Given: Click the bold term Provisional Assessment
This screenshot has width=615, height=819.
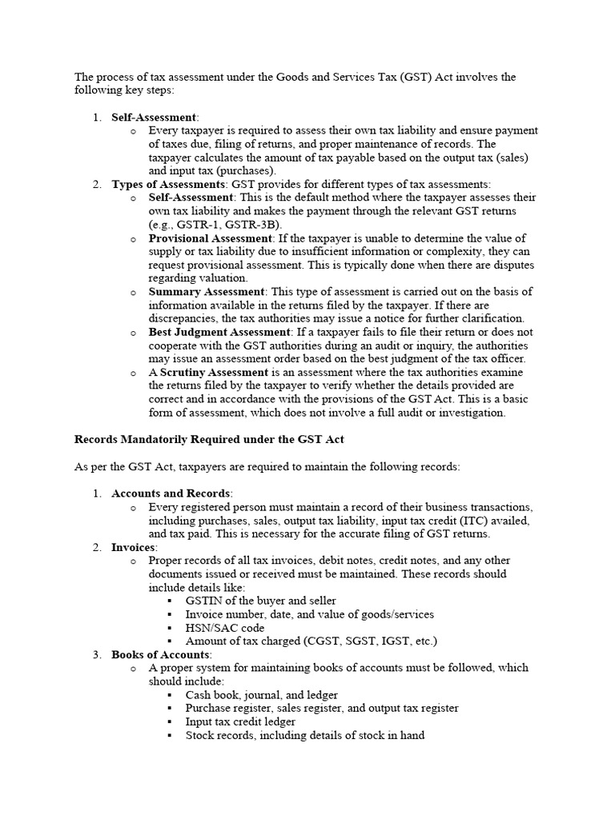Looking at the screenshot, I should coord(211,238).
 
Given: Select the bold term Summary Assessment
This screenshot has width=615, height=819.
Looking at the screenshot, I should coord(206,292).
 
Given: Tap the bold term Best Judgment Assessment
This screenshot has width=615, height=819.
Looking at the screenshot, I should coord(219,332).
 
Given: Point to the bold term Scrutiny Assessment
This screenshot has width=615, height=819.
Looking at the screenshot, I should coord(214,373).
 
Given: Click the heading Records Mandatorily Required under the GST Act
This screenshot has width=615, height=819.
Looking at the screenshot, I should coord(209,439).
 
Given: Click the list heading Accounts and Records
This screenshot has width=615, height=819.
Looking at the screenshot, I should coord(171,493).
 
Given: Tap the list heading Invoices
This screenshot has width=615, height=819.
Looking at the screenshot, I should coord(134,547).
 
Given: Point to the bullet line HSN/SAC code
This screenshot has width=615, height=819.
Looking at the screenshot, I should coord(224,628).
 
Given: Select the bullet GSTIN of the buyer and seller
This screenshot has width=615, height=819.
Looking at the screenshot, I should coord(260,601).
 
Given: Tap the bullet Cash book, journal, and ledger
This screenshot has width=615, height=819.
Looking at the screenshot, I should coord(261,695).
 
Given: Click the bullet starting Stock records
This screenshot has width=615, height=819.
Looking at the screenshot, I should coord(304,735).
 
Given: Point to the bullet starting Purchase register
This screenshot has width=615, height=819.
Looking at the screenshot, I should coord(322,708).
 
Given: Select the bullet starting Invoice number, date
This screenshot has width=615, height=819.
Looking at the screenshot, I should coord(309,614).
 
